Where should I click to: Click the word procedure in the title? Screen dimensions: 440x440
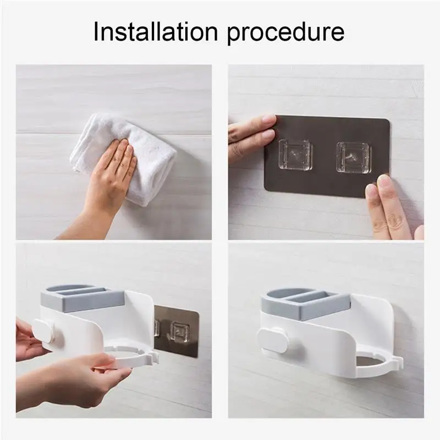[x=285, y=33]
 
